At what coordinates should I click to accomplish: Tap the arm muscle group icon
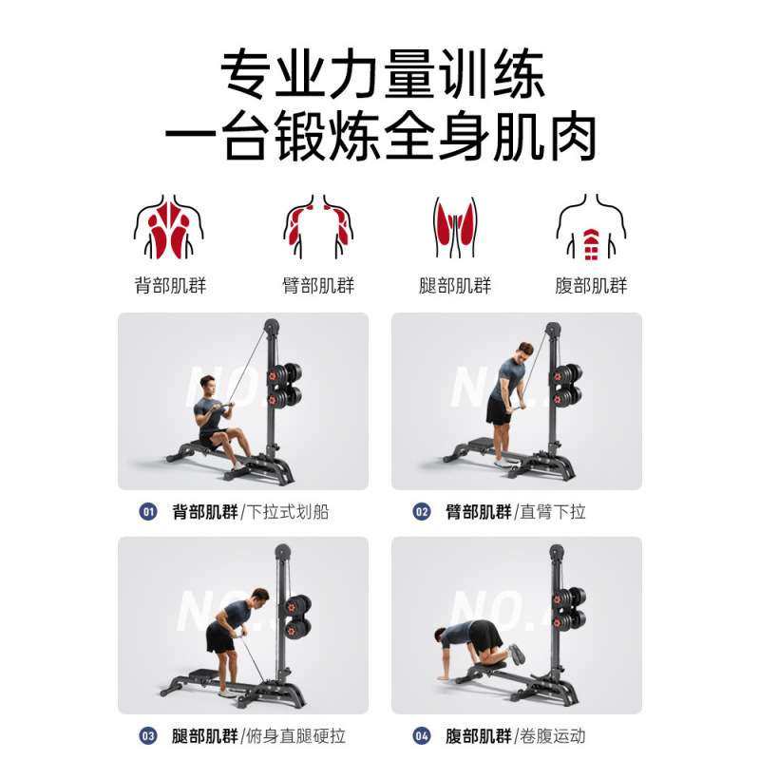point(318,229)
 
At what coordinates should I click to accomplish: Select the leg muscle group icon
point(455,229)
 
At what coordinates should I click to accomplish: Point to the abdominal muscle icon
point(591,229)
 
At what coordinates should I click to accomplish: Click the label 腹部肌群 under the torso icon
point(591,285)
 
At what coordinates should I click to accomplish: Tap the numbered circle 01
point(149,512)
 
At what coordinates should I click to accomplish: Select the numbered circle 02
point(422,512)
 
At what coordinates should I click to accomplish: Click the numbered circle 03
point(149,735)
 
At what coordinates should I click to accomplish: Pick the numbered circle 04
point(422,735)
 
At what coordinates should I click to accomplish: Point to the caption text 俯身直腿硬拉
point(295,735)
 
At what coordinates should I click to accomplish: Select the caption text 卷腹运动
point(553,735)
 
